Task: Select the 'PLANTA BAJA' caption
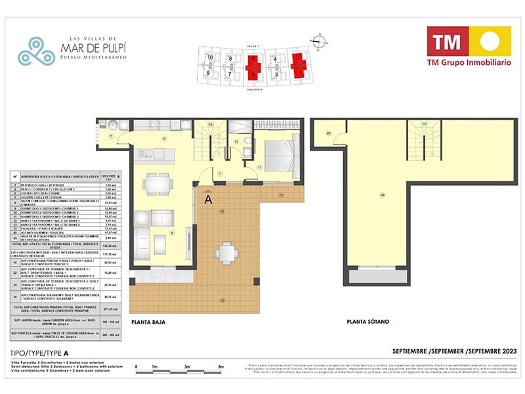[x=148, y=322]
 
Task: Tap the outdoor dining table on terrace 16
[x=225, y=251]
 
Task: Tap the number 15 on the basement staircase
[x=425, y=124]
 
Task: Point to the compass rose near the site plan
[x=318, y=40]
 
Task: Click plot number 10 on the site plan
[x=210, y=58]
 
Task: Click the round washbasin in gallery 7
[x=112, y=125]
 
